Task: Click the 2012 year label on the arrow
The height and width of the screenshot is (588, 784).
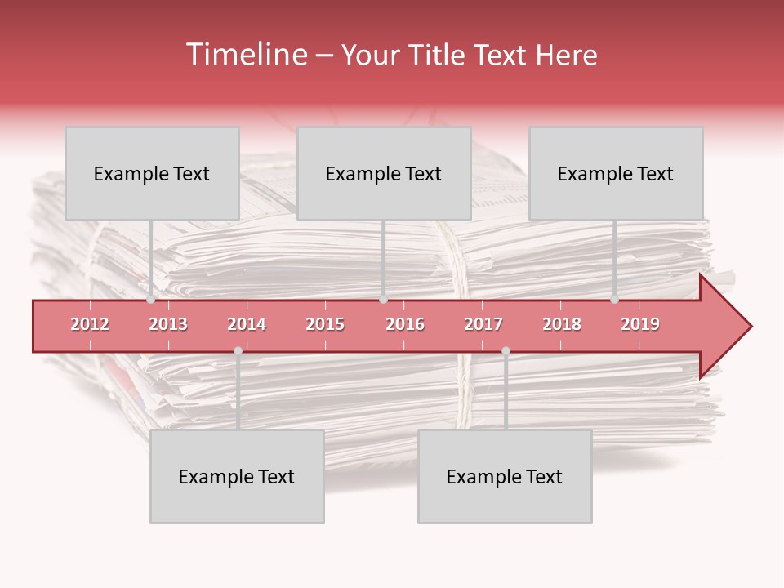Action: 90,324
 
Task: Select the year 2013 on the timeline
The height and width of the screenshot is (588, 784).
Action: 168,324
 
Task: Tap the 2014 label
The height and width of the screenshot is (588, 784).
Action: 247,324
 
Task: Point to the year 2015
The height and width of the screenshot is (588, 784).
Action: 325,324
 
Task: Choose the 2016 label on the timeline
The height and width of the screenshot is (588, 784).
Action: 405,324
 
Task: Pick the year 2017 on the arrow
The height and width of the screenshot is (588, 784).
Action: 483,324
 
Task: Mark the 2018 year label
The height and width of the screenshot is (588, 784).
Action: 562,324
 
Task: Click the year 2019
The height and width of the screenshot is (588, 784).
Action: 640,324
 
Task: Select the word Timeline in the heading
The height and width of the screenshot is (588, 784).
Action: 245,55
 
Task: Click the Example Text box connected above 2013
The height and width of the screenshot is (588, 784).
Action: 152,173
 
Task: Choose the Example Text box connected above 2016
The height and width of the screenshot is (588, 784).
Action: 384,173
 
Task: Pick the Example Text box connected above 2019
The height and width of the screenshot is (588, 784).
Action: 616,173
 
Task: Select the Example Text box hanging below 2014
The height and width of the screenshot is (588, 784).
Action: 237,476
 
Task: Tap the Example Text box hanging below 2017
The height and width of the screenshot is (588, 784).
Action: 505,476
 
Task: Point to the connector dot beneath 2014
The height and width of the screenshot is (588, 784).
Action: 238,350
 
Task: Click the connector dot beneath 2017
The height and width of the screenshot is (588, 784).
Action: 506,350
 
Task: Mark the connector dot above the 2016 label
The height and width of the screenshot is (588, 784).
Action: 383,300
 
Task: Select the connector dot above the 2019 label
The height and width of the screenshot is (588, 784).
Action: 614,300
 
